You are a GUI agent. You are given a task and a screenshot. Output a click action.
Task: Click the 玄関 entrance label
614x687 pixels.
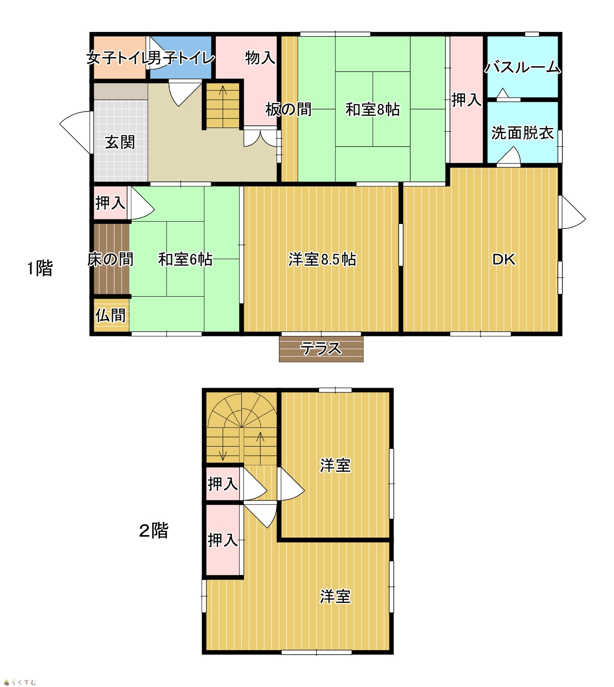pyautogui.click(x=120, y=142)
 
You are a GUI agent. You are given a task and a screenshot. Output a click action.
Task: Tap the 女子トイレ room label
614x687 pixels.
pyautogui.click(x=117, y=58)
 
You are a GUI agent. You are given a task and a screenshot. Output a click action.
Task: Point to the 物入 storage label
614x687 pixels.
pyautogui.click(x=260, y=58)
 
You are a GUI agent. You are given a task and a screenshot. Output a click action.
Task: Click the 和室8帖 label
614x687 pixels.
pyautogui.click(x=373, y=110)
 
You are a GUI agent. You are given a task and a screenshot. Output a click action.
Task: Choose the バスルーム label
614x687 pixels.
pyautogui.click(x=523, y=67)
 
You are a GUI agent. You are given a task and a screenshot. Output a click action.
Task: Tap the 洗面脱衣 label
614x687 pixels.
pyautogui.click(x=523, y=133)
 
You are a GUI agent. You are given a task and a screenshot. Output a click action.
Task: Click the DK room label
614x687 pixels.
pyautogui.click(x=504, y=260)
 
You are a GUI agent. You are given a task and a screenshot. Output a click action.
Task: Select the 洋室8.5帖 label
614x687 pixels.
pyautogui.click(x=322, y=260)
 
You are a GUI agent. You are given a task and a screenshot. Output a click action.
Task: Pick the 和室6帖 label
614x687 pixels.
pyautogui.click(x=185, y=260)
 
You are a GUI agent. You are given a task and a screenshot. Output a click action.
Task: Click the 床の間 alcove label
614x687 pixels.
pyautogui.click(x=111, y=260)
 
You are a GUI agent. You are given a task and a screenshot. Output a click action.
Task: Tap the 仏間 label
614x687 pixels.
pyautogui.click(x=111, y=315)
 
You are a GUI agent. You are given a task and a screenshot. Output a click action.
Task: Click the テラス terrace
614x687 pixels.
pyautogui.click(x=321, y=349)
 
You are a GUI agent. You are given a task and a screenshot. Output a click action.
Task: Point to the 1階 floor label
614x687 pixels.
pyautogui.click(x=40, y=268)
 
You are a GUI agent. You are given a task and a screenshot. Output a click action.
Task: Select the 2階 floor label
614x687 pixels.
pyautogui.click(x=154, y=530)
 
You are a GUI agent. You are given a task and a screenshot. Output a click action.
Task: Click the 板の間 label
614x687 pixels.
pyautogui.click(x=288, y=110)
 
